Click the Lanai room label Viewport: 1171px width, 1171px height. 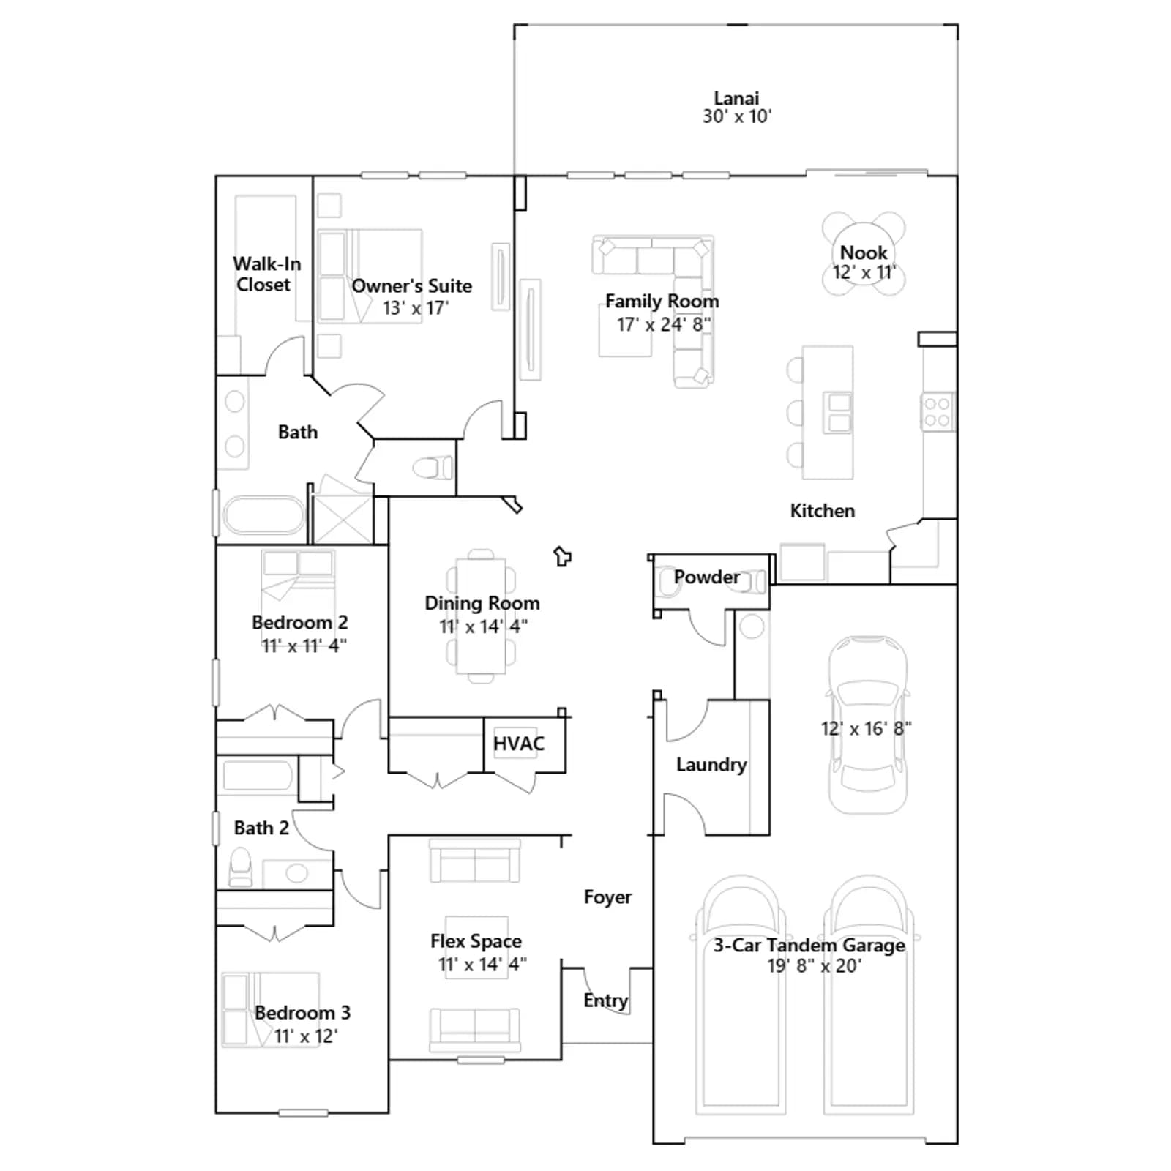click(x=736, y=97)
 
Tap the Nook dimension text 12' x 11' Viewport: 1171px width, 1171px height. click(x=864, y=272)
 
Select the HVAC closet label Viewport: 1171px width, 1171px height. click(x=519, y=744)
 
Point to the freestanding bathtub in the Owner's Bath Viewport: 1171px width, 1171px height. click(x=263, y=515)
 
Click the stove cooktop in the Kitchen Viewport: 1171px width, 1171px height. click(x=937, y=411)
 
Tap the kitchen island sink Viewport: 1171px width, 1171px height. click(x=839, y=412)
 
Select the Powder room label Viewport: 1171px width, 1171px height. click(x=706, y=577)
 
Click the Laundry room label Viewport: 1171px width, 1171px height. click(x=711, y=765)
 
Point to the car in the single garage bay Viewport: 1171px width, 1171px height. click(x=867, y=725)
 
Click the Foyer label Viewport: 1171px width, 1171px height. click(x=607, y=897)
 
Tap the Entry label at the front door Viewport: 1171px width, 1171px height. click(x=605, y=1000)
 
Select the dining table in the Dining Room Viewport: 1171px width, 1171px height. click(x=481, y=616)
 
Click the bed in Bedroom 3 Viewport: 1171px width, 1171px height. click(x=270, y=1009)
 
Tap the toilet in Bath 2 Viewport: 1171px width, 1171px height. click(x=241, y=867)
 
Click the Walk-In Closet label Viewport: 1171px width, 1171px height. click(x=266, y=274)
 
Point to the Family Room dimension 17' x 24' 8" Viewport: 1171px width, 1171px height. click(x=663, y=324)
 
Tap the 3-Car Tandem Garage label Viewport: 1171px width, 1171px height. click(x=809, y=945)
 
